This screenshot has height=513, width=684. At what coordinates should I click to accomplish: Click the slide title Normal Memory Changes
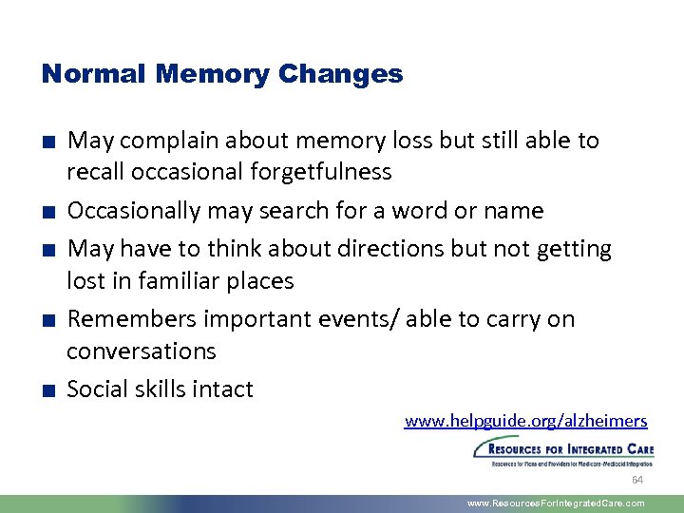pos(222,74)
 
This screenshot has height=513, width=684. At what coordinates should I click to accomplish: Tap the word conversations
pos(142,351)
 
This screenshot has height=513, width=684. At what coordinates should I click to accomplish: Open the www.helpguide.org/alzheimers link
pos(525,421)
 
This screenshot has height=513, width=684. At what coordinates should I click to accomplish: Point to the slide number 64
pos(637,480)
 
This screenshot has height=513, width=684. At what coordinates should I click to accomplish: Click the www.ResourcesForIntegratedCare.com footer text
pos(556,503)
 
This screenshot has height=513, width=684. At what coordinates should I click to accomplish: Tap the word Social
pos(96,389)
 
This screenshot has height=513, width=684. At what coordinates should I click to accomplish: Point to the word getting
pos(574,249)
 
